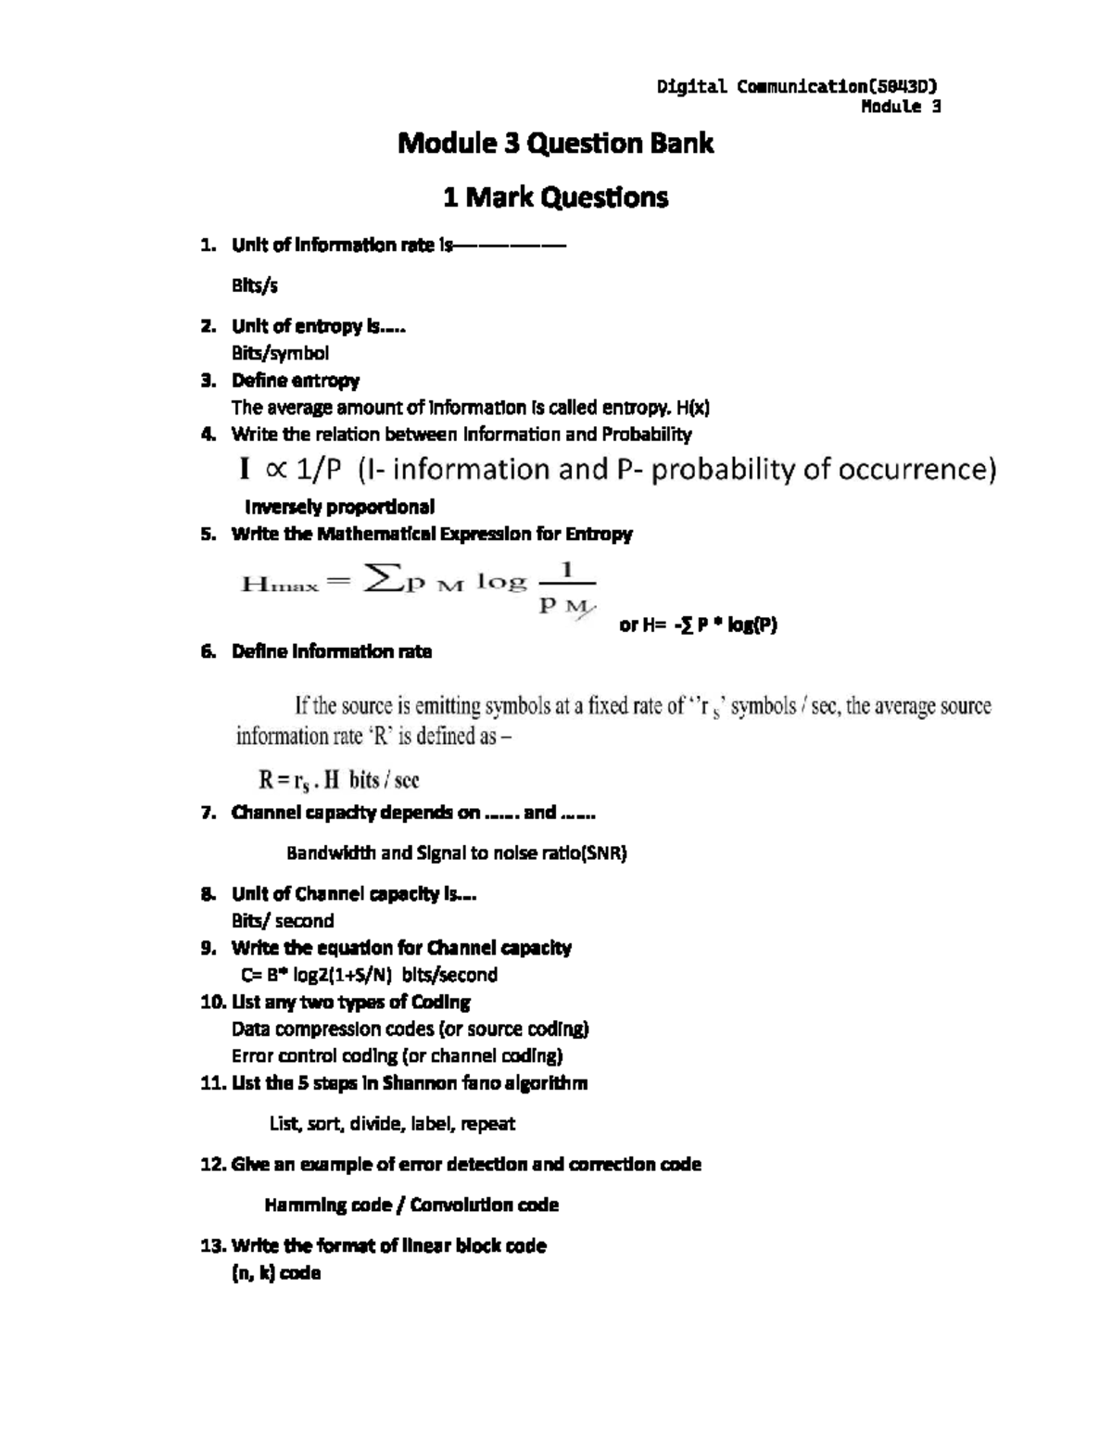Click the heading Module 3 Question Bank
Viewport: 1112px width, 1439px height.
(x=555, y=144)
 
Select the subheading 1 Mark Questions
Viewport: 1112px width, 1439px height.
(x=555, y=197)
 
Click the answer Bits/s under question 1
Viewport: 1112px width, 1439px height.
(x=254, y=285)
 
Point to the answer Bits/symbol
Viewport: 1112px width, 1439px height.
(x=280, y=353)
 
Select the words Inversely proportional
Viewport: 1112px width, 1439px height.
(x=339, y=507)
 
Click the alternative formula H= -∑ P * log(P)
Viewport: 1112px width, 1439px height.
(x=698, y=625)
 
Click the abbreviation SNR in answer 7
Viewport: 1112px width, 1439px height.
(x=603, y=853)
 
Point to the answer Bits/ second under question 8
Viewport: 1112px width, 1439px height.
(x=282, y=921)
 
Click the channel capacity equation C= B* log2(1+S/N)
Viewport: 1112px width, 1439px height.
(x=369, y=975)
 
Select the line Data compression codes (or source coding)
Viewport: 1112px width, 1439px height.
(x=410, y=1029)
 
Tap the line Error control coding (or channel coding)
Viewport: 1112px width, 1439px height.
(x=397, y=1055)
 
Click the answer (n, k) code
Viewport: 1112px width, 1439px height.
(x=275, y=1273)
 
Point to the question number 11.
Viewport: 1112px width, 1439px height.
(x=212, y=1083)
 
